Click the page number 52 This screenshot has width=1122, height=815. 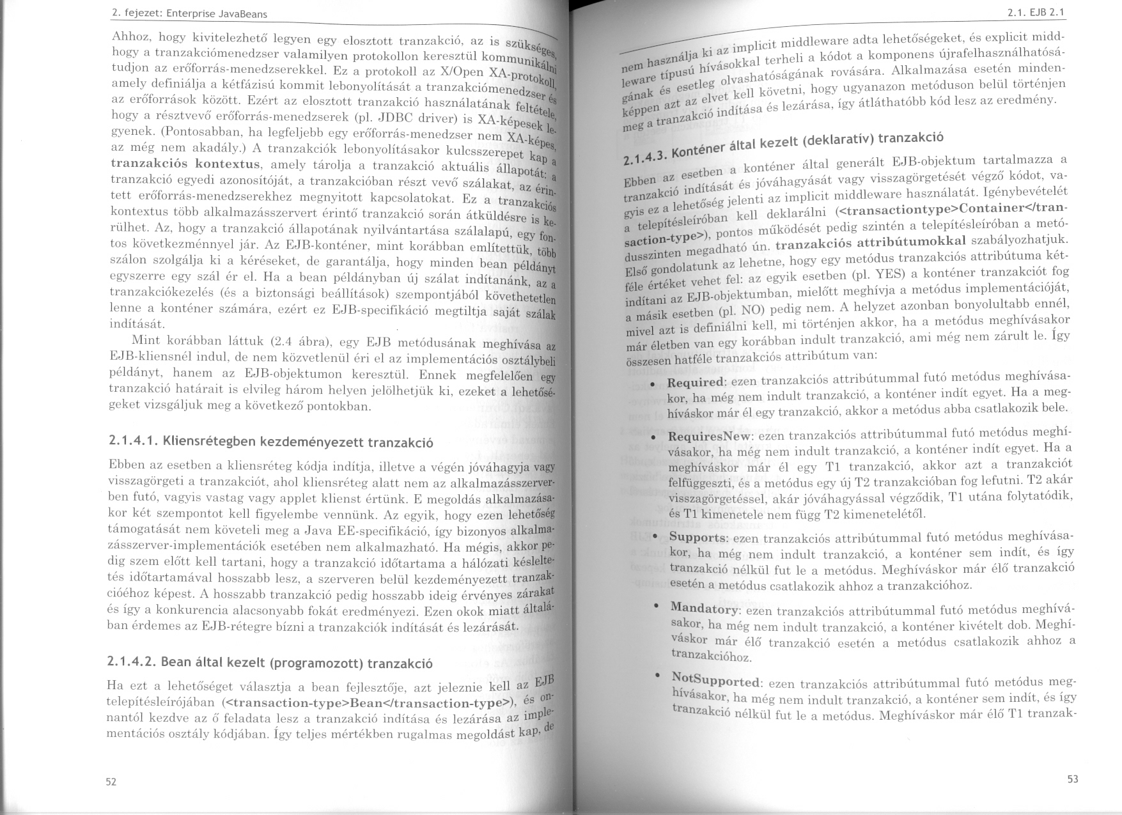point(111,782)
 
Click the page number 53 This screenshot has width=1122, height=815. point(1073,779)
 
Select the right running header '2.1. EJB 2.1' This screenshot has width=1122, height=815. point(1042,12)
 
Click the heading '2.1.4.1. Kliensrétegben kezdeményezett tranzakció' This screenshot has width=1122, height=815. point(271,442)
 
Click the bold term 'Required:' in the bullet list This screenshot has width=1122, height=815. point(696,382)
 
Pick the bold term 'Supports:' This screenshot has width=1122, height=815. point(698,537)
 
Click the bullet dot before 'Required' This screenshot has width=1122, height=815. point(652,384)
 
